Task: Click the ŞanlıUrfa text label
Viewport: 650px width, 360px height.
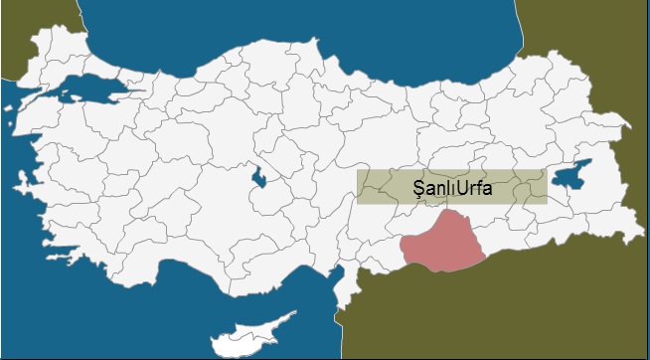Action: tap(452, 186)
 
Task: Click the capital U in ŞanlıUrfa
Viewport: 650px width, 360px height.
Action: tap(462, 186)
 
